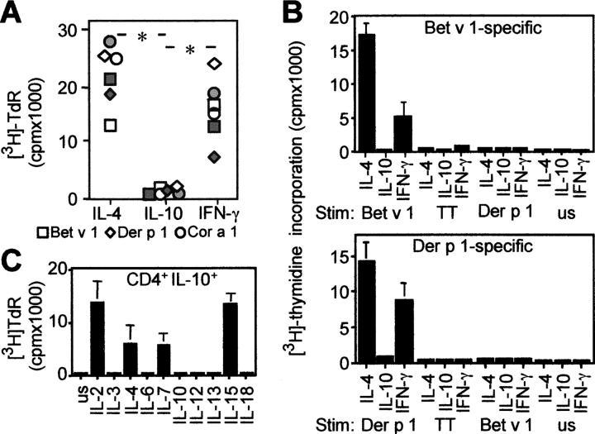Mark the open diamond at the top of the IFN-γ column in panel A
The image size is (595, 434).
(216, 63)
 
